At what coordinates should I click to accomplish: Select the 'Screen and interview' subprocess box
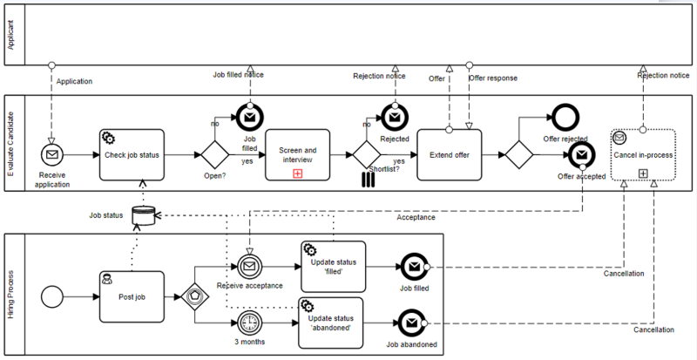point(297,154)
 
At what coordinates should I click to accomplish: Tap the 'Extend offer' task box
point(449,154)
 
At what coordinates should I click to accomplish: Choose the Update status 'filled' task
point(333,266)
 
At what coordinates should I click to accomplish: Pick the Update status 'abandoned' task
point(333,322)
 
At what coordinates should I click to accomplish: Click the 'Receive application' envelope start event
point(52,154)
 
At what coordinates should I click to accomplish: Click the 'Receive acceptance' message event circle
point(249,267)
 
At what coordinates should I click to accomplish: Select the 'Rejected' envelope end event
point(394,115)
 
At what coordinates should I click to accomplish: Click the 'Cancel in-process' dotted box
point(643,154)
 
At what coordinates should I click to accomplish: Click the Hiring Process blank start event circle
point(53,295)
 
